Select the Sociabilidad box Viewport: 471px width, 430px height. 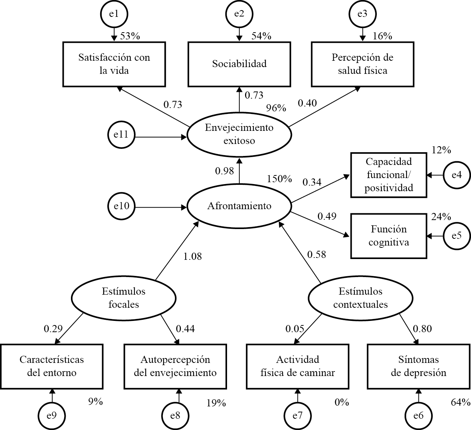(x=239, y=64)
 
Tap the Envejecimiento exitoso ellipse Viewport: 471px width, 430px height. (x=239, y=134)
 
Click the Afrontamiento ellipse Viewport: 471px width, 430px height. (x=239, y=206)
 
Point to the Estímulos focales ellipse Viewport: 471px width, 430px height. (x=123, y=298)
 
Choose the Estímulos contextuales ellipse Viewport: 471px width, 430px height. (x=360, y=298)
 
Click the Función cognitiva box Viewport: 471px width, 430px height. (x=388, y=236)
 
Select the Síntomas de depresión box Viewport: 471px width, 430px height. (x=418, y=366)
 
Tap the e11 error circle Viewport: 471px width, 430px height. (x=121, y=134)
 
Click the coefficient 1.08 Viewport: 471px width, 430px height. (x=192, y=257)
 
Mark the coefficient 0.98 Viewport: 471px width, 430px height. (x=224, y=171)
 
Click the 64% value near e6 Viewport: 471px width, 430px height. (x=460, y=403)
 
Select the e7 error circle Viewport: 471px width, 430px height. (x=298, y=416)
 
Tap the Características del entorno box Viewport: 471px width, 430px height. (x=52, y=366)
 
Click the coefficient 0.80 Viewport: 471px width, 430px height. (x=422, y=329)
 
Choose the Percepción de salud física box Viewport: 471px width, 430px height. (x=362, y=64)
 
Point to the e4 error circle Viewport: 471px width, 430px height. (x=456, y=175)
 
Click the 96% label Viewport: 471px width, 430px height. (x=276, y=108)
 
